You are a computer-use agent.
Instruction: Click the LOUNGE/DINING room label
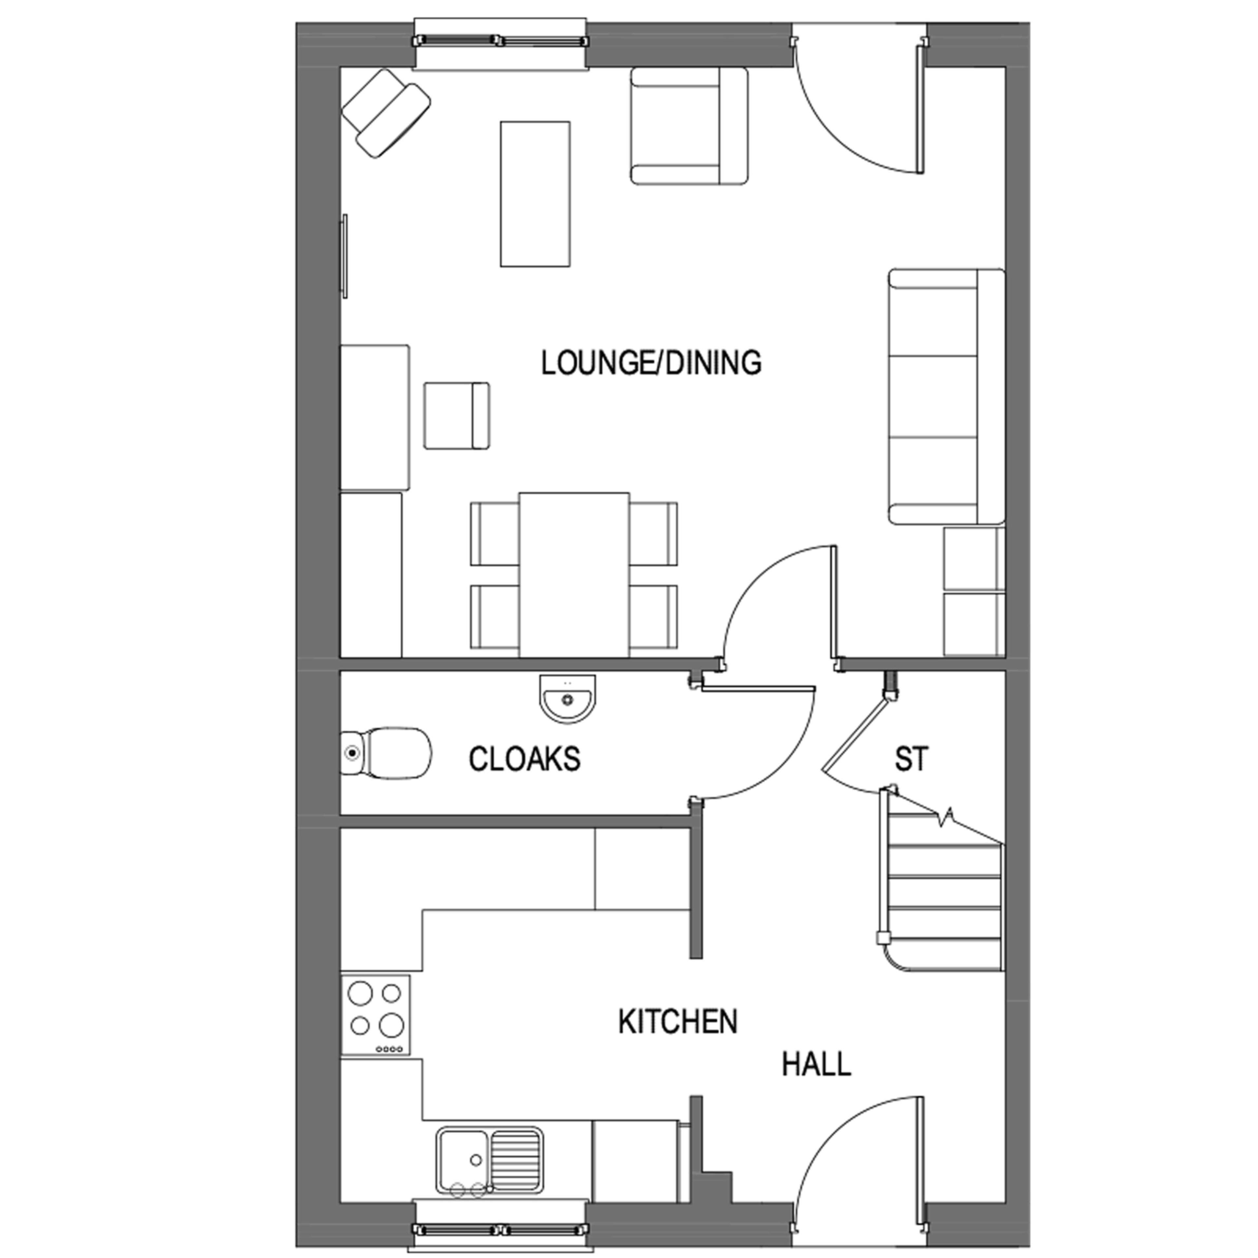[x=651, y=363]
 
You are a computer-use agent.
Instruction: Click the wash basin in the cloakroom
[x=567, y=699]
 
